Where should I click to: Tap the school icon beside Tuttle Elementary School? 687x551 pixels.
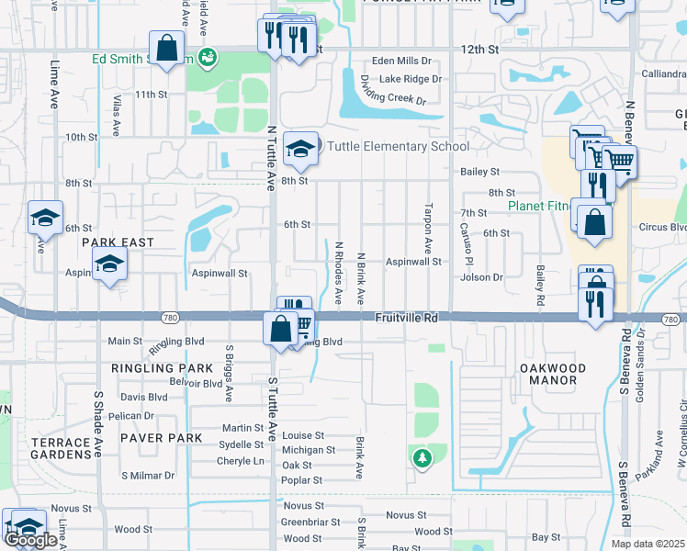pyautogui.click(x=300, y=149)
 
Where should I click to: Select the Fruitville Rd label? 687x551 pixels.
pyautogui.click(x=406, y=318)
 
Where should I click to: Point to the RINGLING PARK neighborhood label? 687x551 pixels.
pyautogui.click(x=155, y=368)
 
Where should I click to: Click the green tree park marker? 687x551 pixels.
pyautogui.click(x=422, y=456)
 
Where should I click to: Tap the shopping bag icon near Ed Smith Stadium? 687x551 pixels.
pyautogui.click(x=166, y=49)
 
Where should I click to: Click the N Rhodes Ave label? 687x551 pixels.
pyautogui.click(x=339, y=274)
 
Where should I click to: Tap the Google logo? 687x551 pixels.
pyautogui.click(x=30, y=540)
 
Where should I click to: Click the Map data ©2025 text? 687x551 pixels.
pyautogui.click(x=647, y=544)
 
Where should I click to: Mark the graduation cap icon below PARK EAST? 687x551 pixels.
pyautogui.click(x=109, y=264)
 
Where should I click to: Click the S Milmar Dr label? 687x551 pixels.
pyautogui.click(x=148, y=475)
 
